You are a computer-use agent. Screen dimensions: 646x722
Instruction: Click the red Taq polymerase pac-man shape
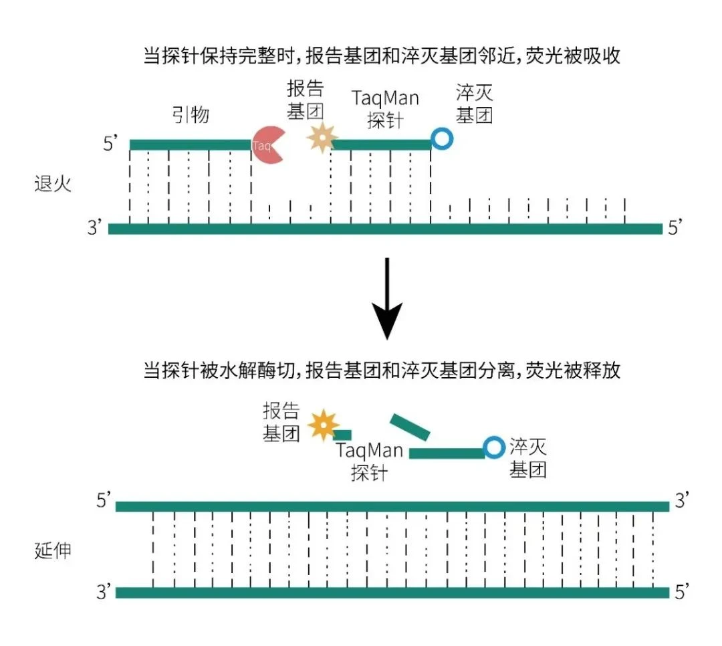(x=268, y=144)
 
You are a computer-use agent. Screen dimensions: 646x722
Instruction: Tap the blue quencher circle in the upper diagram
(x=441, y=138)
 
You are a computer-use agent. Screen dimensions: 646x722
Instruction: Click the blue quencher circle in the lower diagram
(x=494, y=446)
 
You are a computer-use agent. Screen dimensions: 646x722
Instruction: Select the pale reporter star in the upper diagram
(x=321, y=136)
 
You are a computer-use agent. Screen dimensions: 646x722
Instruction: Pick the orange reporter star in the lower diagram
(x=325, y=426)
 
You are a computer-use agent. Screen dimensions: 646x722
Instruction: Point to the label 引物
(x=191, y=114)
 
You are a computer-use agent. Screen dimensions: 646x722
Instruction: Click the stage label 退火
(x=52, y=183)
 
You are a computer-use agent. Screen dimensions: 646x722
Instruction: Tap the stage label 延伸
(x=52, y=552)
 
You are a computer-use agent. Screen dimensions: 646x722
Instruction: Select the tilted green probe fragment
(x=410, y=427)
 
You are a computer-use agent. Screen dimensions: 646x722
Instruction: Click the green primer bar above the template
(x=191, y=144)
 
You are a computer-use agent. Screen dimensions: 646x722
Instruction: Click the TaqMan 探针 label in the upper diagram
(x=386, y=109)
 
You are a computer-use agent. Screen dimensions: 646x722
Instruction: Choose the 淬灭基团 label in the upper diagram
(x=475, y=104)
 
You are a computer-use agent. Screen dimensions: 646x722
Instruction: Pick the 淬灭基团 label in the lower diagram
(x=528, y=457)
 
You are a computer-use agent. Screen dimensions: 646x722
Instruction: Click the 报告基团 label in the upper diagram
(x=306, y=99)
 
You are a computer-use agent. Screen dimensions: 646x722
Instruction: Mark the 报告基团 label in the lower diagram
(x=281, y=423)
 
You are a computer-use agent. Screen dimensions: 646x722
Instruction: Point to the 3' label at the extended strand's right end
(x=681, y=502)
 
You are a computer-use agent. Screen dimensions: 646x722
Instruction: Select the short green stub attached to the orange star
(x=344, y=435)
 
